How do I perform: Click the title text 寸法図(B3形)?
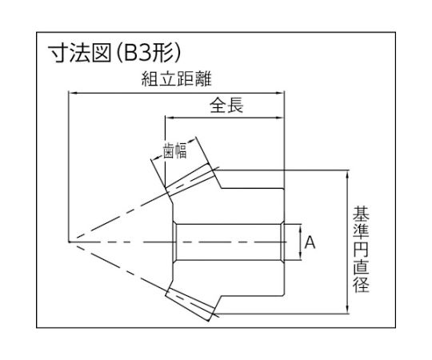[114, 54]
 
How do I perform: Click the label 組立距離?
[177, 79]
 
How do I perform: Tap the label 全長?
[226, 106]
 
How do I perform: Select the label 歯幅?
[174, 150]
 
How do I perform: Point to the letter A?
[310, 242]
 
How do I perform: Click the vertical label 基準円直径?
[361, 249]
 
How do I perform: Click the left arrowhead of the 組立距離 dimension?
[72, 94]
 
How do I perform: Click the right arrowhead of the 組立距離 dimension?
[280, 94]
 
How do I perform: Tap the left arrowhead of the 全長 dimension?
[169, 118]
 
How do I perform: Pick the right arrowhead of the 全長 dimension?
[280, 118]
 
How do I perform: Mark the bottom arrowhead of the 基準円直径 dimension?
[348, 310]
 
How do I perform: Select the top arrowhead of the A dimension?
[301, 228]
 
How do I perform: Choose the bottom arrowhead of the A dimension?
[301, 257]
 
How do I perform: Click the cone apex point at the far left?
[69, 242]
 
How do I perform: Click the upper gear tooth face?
[190, 179]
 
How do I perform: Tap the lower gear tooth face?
[190, 304]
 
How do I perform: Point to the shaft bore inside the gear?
[229, 242]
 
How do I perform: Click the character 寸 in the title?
[58, 54]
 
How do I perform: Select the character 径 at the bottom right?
[361, 285]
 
